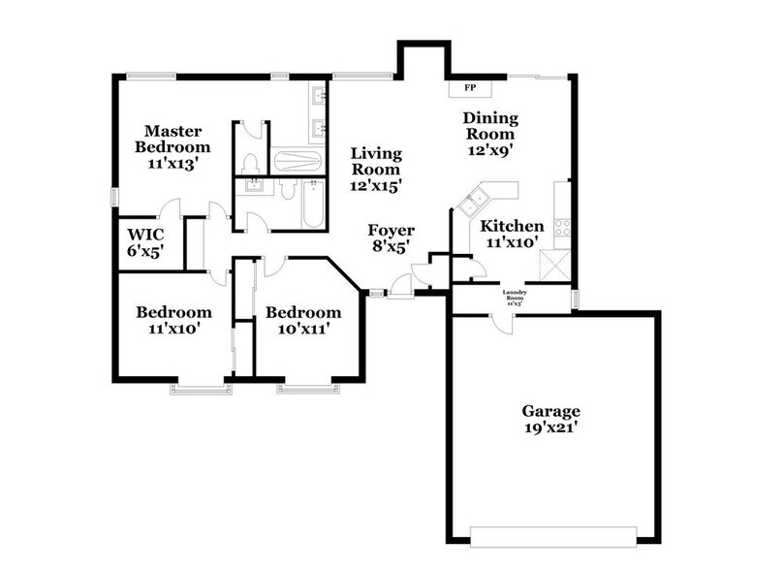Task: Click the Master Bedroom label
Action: click(x=172, y=146)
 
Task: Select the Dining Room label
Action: click(x=491, y=134)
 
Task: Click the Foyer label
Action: click(x=391, y=238)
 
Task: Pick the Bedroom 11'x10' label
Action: click(x=173, y=321)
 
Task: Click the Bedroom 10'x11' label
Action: click(x=303, y=321)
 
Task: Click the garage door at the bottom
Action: click(x=553, y=532)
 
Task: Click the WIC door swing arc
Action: click(x=170, y=208)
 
